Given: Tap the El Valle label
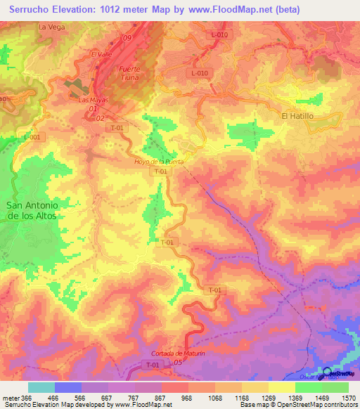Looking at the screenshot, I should pyautogui.click(x=101, y=53).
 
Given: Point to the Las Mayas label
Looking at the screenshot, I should pyautogui.click(x=91, y=100).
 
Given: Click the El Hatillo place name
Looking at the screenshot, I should pyautogui.click(x=297, y=116).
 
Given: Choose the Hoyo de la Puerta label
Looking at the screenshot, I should pyautogui.click(x=158, y=162).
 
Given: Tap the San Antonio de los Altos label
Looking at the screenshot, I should pyautogui.click(x=32, y=210).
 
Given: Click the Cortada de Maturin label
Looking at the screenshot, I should pyautogui.click(x=177, y=353).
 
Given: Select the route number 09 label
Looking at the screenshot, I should pyautogui.click(x=127, y=37).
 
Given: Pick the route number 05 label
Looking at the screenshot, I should pyautogui.click(x=178, y=362).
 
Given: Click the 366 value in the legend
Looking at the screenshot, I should pyautogui.click(x=27, y=398).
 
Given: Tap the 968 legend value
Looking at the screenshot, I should pyautogui.click(x=188, y=398).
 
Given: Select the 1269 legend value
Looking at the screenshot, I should pyautogui.click(x=267, y=398).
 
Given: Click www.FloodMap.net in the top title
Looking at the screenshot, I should pyautogui.click(x=231, y=9).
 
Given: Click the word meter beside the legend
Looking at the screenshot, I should pyautogui.click(x=9, y=398).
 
